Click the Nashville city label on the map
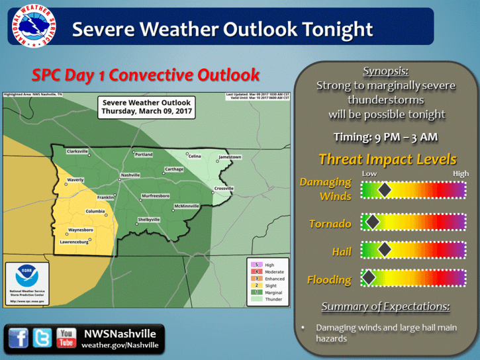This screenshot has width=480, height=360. pyautogui.click(x=130, y=175)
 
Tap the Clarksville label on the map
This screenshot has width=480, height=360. pyautogui.click(x=77, y=152)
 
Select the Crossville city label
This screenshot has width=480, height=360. pyautogui.click(x=224, y=189)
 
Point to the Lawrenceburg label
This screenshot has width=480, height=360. pyautogui.click(x=74, y=242)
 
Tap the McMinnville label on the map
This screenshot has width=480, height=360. pyautogui.click(x=185, y=206)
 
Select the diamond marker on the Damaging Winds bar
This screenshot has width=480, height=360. pyautogui.click(x=384, y=191)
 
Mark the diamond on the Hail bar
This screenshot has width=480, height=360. pyautogui.click(x=384, y=249)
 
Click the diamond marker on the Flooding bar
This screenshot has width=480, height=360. pyautogui.click(x=369, y=277)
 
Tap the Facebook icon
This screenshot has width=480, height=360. pyautogui.click(x=19, y=338)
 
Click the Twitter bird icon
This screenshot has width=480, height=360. pyautogui.click(x=43, y=338)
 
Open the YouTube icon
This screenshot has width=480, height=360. pyautogui.click(x=66, y=338)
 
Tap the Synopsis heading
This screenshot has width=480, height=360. pyautogui.click(x=387, y=71)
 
